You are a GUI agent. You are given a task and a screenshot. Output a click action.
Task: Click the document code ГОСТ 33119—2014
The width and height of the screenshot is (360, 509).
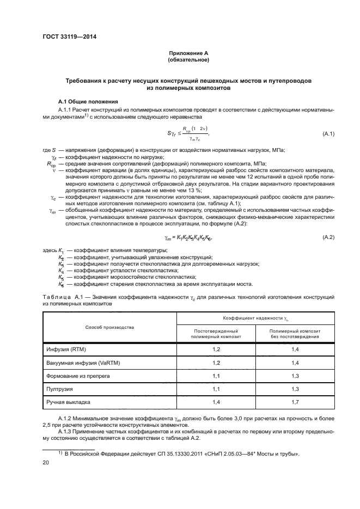pos(66,38)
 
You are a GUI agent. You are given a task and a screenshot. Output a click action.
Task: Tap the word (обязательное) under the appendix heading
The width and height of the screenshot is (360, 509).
pos(188,60)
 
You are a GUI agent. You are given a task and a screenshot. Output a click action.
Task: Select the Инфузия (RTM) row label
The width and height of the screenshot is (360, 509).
pos(64,348)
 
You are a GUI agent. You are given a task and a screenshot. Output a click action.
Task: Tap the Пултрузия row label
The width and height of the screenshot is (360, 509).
pos(60,390)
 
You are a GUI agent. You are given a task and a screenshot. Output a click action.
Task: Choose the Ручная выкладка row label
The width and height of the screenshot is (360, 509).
pos(68,403)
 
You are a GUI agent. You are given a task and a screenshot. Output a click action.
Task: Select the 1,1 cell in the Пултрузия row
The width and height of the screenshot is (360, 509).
pos(216,390)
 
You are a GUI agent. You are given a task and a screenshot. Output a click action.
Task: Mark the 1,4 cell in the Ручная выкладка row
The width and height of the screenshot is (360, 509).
pos(216,403)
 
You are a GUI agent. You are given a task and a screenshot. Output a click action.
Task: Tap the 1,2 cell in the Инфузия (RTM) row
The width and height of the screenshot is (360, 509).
pos(216,348)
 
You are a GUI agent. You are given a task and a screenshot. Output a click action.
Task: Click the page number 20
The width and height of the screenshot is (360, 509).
pos(46,462)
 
